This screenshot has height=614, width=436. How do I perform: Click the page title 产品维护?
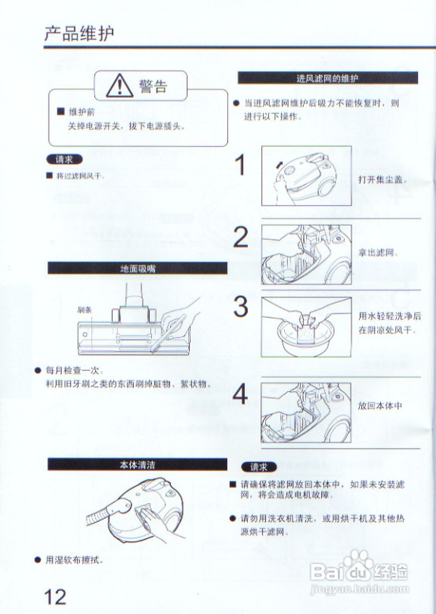(79, 34)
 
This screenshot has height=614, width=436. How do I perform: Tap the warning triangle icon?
(120, 86)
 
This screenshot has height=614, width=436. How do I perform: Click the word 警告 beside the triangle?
(153, 86)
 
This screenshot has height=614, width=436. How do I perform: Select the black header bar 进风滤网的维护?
(328, 78)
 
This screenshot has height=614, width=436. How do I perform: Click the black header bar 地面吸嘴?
(138, 268)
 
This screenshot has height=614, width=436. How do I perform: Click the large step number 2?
(241, 237)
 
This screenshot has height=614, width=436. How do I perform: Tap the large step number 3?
(241, 306)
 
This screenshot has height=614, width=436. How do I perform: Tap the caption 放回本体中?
(380, 406)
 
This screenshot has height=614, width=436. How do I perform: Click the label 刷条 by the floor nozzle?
(84, 310)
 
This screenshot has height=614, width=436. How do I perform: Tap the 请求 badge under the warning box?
(64, 159)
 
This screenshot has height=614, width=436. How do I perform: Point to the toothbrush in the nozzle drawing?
(168, 333)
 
